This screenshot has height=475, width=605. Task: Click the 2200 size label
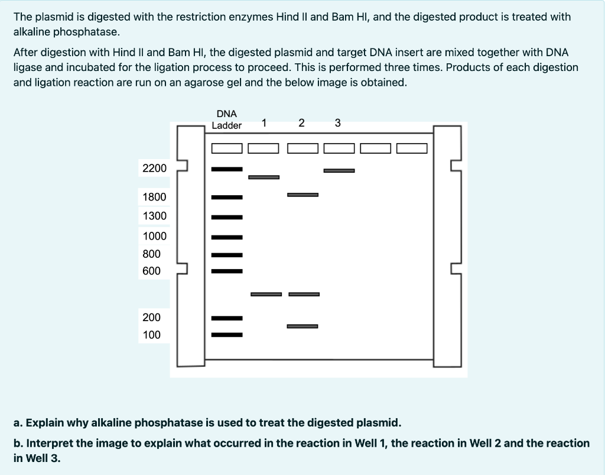click(x=155, y=169)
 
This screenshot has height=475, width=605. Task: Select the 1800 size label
click(x=155, y=197)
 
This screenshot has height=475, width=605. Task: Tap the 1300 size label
click(x=155, y=216)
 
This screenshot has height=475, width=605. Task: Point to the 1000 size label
click(x=155, y=236)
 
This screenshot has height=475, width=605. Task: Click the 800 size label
click(x=152, y=254)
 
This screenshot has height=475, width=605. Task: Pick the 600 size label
click(x=152, y=271)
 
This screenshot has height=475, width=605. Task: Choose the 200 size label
click(x=152, y=317)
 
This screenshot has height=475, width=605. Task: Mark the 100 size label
click(x=152, y=335)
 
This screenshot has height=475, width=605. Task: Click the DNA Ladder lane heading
click(x=227, y=119)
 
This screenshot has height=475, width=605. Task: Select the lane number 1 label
click(x=264, y=123)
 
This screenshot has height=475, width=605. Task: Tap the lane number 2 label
click(x=301, y=123)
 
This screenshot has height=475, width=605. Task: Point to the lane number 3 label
click(x=337, y=123)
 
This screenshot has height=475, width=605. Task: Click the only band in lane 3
click(x=339, y=171)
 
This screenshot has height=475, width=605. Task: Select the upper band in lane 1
click(x=264, y=177)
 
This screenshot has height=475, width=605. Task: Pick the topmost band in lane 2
click(x=302, y=195)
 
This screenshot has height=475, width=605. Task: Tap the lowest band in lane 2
click(x=302, y=326)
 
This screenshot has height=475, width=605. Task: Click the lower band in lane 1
click(x=266, y=294)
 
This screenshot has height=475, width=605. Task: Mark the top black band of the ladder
click(x=227, y=169)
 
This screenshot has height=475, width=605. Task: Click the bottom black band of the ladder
click(x=227, y=335)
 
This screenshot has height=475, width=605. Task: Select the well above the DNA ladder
click(x=227, y=148)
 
